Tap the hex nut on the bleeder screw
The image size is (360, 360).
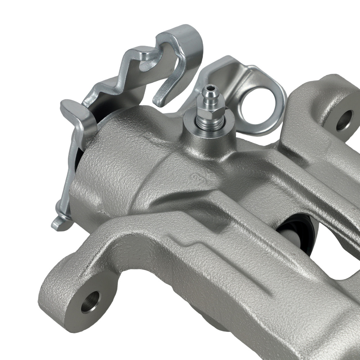click(210, 114)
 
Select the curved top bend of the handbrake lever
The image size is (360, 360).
click(187, 36)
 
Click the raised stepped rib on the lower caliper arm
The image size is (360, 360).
click(187, 245)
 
